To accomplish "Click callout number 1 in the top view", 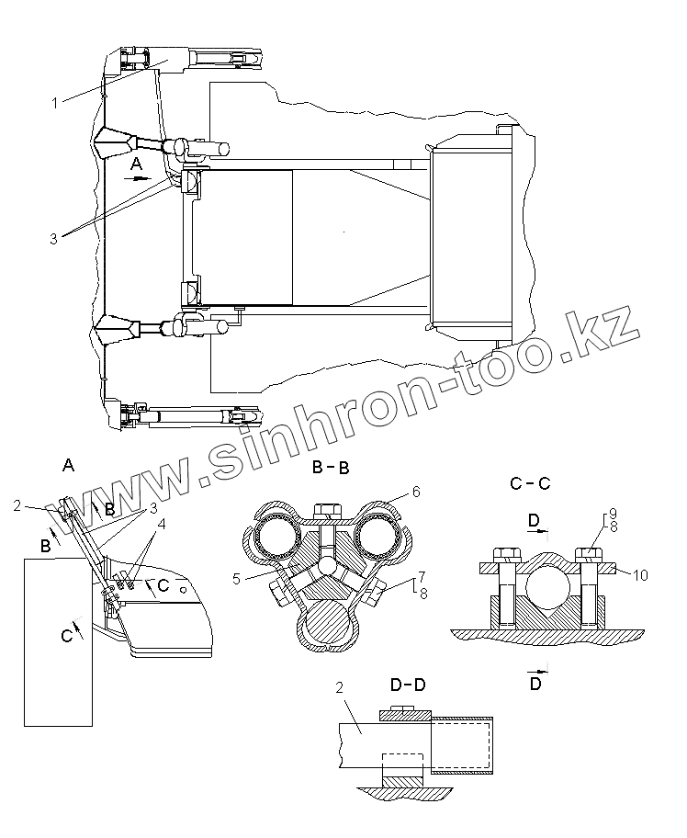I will click(x=55, y=102).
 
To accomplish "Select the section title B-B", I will click(x=331, y=468).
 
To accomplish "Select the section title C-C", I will click(x=529, y=481).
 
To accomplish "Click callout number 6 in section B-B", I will click(x=415, y=493).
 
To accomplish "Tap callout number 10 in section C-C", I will click(x=641, y=575).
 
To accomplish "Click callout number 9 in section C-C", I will click(x=613, y=514).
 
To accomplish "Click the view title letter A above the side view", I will click(x=67, y=466).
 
